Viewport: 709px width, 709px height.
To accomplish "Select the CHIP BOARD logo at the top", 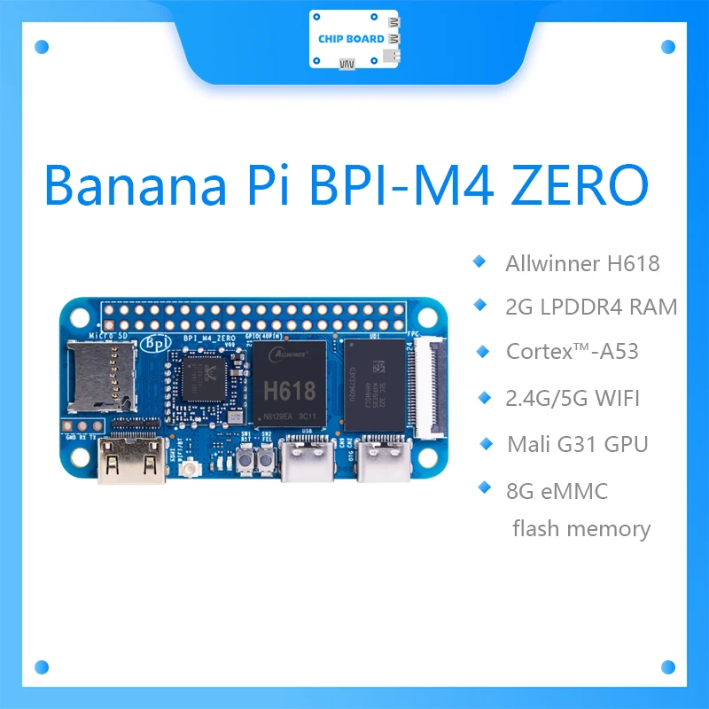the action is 351,39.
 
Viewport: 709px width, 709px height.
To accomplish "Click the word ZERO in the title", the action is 566,184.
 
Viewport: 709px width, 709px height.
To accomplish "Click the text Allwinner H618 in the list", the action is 582,263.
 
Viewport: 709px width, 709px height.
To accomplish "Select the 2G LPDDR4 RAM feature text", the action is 590,307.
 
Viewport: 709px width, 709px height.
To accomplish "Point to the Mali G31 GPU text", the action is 577,443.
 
